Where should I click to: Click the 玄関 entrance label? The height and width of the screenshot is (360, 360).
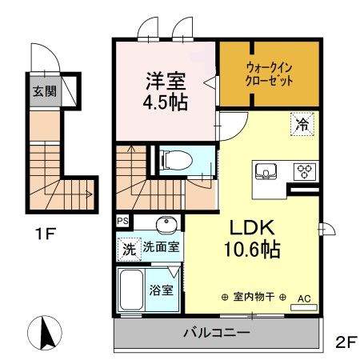[43, 90]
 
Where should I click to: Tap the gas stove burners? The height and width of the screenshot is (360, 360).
[305, 170]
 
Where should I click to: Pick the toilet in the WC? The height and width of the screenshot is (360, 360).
[175, 161]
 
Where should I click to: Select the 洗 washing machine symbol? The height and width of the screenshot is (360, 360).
[128, 249]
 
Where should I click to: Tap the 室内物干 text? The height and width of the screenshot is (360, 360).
[254, 296]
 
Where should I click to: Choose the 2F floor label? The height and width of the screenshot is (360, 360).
[345, 342]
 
